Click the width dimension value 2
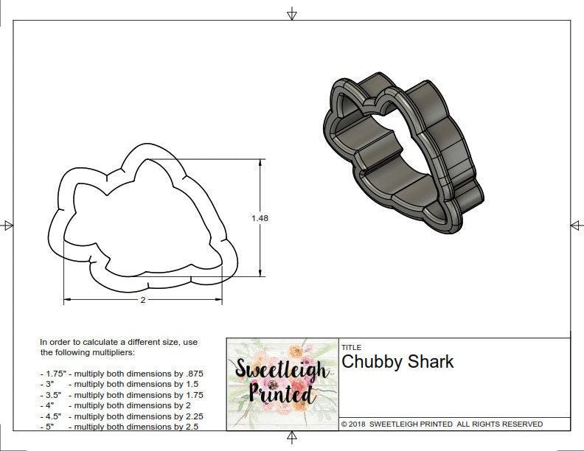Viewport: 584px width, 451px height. pyautogui.click(x=142, y=301)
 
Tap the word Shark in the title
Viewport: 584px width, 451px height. pyautogui.click(x=434, y=362)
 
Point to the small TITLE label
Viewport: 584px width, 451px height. pyautogui.click(x=350, y=348)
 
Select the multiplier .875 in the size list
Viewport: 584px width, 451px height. pyautogui.click(x=192, y=374)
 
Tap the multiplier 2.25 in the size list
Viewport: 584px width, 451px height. pyautogui.click(x=191, y=416)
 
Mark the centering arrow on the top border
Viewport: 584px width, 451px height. pyautogui.click(x=292, y=13)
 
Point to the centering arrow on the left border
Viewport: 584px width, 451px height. pyautogui.click(x=8, y=225)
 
